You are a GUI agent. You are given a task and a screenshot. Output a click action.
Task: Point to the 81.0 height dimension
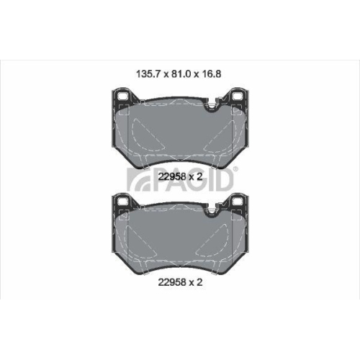pos(179,72)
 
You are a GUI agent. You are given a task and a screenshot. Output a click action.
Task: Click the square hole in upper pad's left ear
pos(122,94)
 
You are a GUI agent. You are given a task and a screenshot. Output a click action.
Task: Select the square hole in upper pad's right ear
pos(237,94)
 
